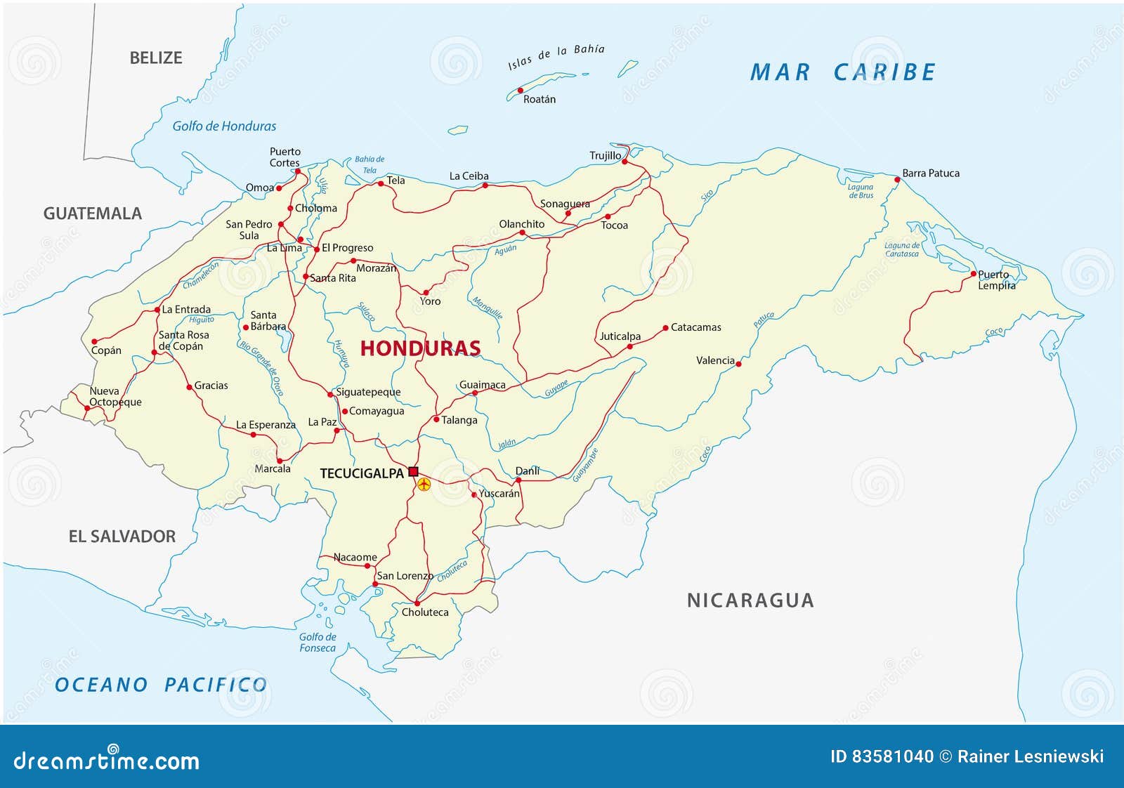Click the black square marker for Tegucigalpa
click(x=413, y=471)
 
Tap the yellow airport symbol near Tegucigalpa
click(x=424, y=484)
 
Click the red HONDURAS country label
click(x=420, y=348)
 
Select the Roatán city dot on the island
click(x=521, y=90)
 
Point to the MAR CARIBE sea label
click(x=842, y=72)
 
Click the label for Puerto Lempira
click(x=996, y=280)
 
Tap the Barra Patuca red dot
click(x=897, y=180)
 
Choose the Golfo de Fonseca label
click(x=318, y=642)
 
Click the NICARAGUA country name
click(x=750, y=600)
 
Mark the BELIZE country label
click(x=155, y=58)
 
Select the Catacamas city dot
click(x=665, y=327)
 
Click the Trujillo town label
click(x=605, y=156)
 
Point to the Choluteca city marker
click(x=417, y=603)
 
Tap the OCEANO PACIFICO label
click(x=161, y=685)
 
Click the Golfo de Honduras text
click(x=224, y=126)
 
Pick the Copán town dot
click(x=94, y=341)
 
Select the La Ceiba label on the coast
click(x=469, y=176)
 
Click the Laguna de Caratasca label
click(x=901, y=249)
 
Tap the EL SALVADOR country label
click(x=122, y=537)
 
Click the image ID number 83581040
click(x=892, y=756)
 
